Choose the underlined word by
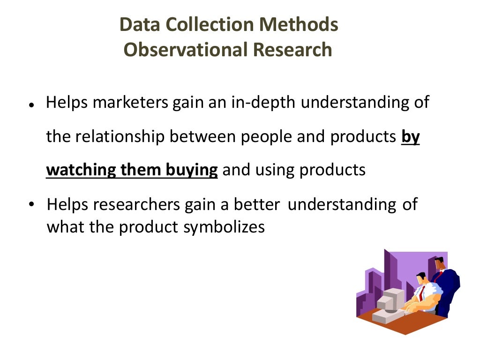coord(411,137)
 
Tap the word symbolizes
coord(224,227)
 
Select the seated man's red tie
coord(422,293)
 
